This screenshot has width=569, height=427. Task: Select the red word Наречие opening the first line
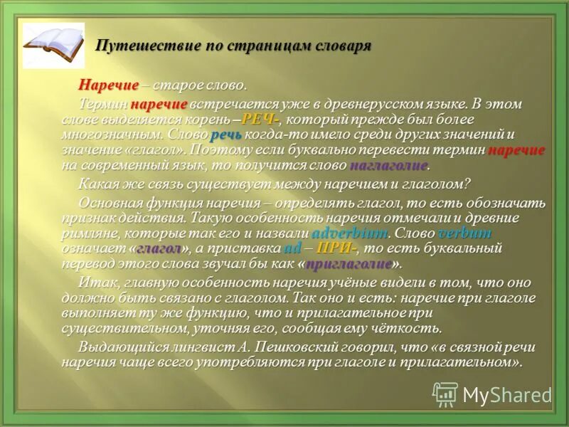pyautogui.click(x=108, y=85)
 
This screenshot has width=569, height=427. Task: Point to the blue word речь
pyautogui.click(x=226, y=135)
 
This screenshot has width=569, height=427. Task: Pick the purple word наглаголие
pyautogui.click(x=388, y=166)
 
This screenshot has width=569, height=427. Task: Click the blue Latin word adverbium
pyautogui.click(x=349, y=233)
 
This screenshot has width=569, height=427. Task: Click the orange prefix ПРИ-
pyautogui.click(x=336, y=249)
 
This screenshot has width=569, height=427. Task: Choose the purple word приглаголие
pyautogui.click(x=349, y=265)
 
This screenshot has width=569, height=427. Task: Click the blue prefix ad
pyautogui.click(x=292, y=249)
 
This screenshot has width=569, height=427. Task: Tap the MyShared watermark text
pyautogui.click(x=507, y=395)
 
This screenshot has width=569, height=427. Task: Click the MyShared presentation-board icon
pyautogui.click(x=446, y=394)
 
